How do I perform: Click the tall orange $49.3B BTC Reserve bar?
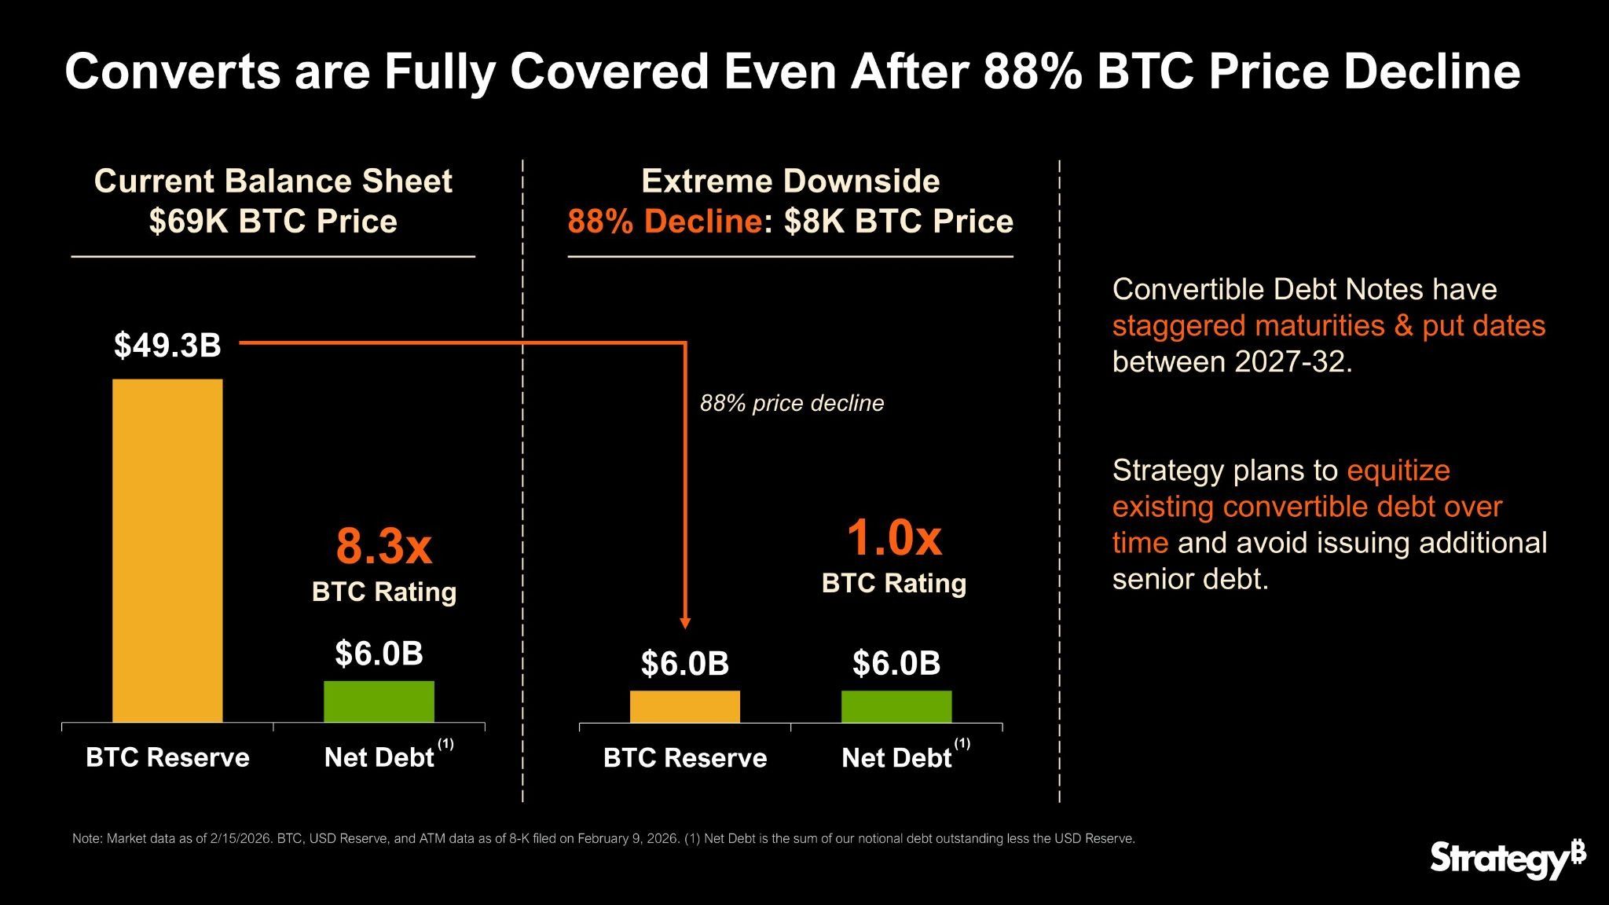click(x=167, y=550)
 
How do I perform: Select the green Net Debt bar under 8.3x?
click(x=379, y=702)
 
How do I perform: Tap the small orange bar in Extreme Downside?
click(x=684, y=706)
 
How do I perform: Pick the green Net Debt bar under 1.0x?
click(x=896, y=706)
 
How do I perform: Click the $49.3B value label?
click(x=167, y=345)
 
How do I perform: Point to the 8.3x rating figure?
click(x=383, y=546)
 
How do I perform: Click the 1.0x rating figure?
click(x=893, y=538)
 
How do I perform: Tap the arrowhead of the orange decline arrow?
click(x=685, y=622)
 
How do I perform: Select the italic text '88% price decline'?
click(x=792, y=403)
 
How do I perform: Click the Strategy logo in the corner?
click(x=1507, y=859)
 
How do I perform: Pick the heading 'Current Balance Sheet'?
click(x=273, y=181)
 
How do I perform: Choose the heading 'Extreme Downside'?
click(x=790, y=181)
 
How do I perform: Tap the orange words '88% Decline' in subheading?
click(x=664, y=222)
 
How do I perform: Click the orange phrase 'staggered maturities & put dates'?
click(x=1329, y=325)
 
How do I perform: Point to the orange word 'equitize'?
click(x=1398, y=470)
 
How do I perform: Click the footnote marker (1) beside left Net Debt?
click(x=445, y=743)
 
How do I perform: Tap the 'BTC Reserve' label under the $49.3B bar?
click(x=167, y=757)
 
